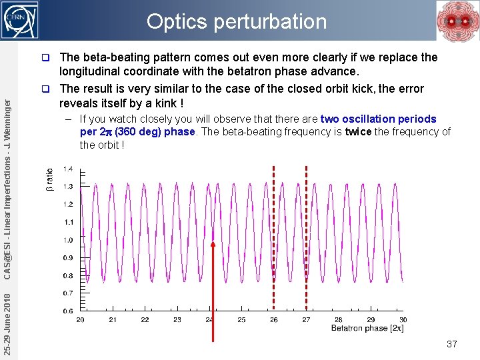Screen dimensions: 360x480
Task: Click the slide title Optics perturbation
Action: point(237,21)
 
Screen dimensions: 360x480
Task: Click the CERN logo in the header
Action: point(20,19)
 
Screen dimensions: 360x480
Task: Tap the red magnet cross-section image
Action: point(457,21)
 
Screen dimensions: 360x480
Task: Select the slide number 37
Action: point(451,344)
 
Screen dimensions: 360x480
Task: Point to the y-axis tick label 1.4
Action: point(68,169)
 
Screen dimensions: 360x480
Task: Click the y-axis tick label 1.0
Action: point(68,240)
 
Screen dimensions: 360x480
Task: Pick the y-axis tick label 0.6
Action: point(68,311)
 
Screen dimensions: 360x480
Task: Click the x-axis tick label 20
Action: point(80,320)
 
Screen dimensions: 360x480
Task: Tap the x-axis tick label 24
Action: point(209,320)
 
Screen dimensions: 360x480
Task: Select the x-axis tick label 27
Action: point(306,320)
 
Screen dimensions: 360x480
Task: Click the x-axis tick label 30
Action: point(403,320)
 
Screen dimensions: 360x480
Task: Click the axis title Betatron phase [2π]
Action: point(367,329)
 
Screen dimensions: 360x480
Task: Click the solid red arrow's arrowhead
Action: point(213,244)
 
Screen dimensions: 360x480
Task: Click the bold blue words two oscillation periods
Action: point(378,119)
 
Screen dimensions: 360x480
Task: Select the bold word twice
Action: point(358,132)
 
